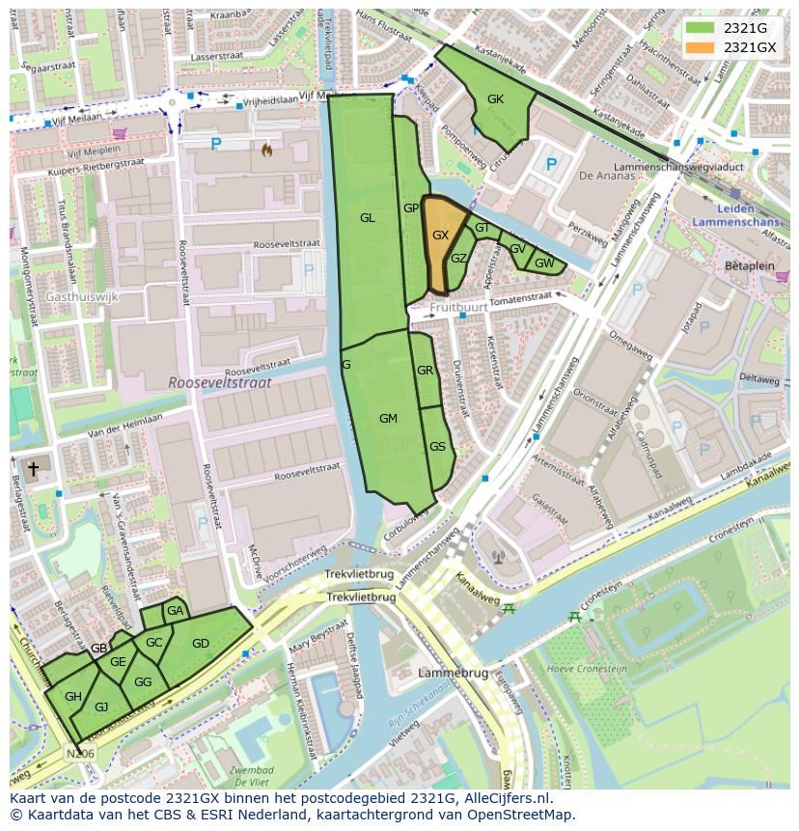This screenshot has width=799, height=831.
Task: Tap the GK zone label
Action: [x=495, y=99]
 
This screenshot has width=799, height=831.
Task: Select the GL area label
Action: [x=367, y=218]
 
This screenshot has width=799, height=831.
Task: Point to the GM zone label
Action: [x=388, y=418]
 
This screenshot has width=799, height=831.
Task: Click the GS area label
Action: [x=437, y=446]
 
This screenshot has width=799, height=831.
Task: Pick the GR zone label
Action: [x=425, y=371]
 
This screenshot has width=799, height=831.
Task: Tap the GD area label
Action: [x=201, y=644]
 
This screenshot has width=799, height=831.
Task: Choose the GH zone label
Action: [x=73, y=696]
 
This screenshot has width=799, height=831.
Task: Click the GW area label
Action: [x=544, y=263]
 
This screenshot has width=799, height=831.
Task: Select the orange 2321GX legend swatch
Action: [x=701, y=47]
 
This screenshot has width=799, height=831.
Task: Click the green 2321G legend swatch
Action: [x=701, y=28]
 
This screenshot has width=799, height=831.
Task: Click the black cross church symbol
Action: [x=33, y=469]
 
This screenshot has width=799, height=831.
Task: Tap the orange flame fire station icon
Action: [x=266, y=150]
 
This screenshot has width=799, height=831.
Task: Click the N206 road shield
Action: [x=81, y=754]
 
